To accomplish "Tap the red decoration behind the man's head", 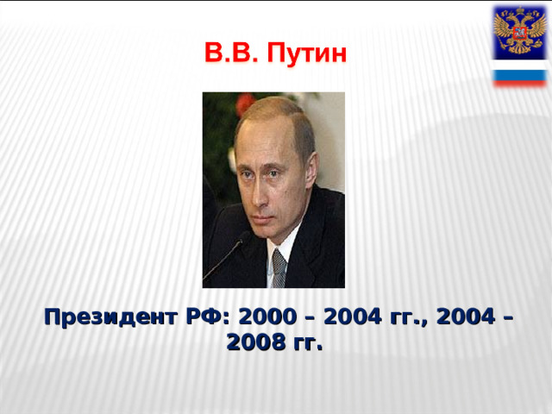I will [x=245, y=104].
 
